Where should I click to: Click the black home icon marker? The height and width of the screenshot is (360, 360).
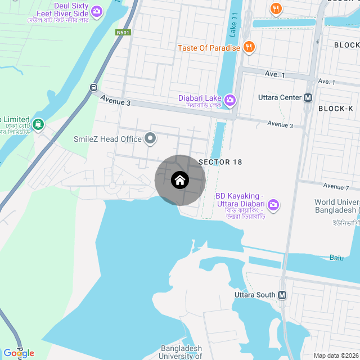180,181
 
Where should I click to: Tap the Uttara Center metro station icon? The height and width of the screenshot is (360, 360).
308,97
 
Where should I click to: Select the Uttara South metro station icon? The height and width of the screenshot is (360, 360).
282,295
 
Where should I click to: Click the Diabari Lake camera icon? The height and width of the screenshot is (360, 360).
229,100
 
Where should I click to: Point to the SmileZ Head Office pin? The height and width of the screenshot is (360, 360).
150,138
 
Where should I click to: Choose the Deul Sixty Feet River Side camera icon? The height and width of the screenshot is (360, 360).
97,11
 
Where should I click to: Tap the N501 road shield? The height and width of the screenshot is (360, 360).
123,33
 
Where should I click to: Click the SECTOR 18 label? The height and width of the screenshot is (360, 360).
220,162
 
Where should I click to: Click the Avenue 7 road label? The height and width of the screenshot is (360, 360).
336,186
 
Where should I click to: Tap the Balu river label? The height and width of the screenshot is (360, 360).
336,258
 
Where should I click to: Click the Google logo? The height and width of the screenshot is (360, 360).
19,353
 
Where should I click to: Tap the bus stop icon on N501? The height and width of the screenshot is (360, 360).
93,87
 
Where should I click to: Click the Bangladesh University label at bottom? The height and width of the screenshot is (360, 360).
181,352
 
